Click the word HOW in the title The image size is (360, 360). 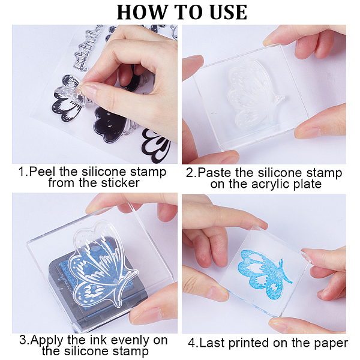click(140, 12)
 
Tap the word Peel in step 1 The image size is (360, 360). click(43, 172)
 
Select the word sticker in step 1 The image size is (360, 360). click(121, 183)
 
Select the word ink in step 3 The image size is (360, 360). click(99, 340)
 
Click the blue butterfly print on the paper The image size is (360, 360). click(263, 274)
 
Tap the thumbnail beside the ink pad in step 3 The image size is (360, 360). click(141, 315)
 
